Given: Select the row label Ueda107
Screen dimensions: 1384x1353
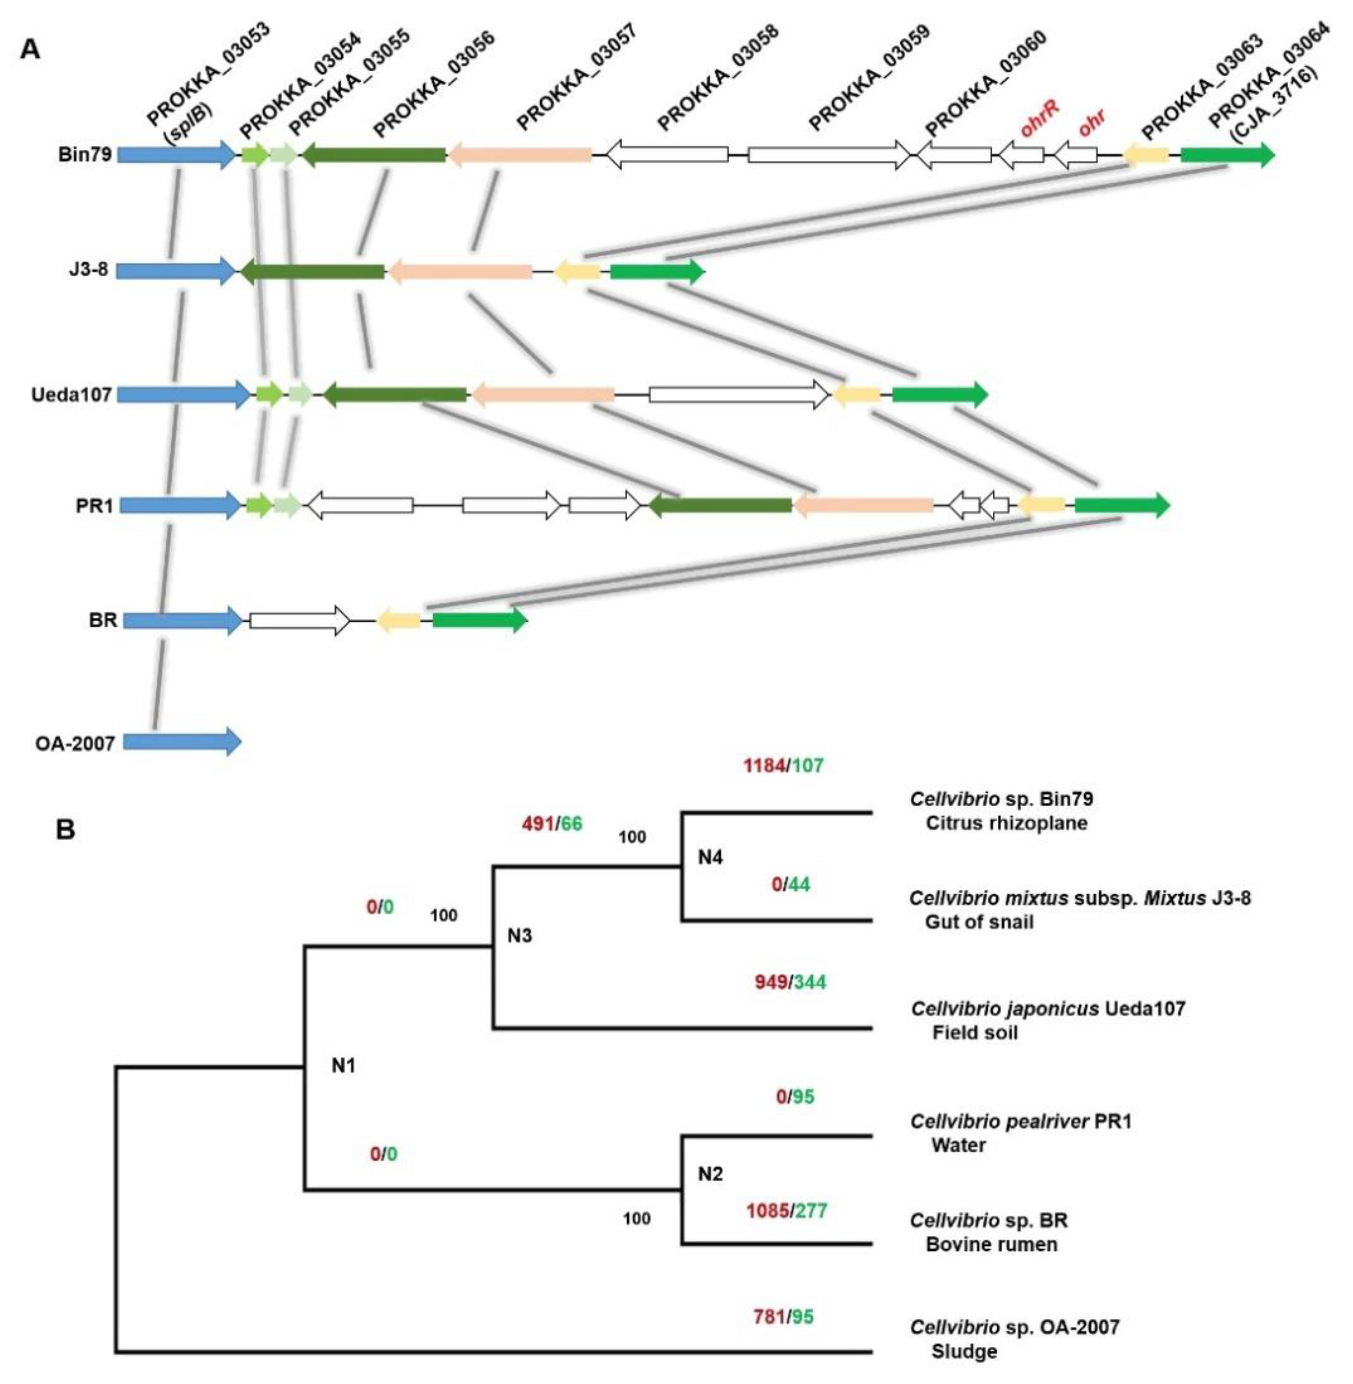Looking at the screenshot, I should coord(71,395).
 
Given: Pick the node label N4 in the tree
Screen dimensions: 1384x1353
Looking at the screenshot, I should coord(710,857).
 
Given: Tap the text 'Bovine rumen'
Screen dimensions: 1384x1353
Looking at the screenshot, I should coord(991,1244).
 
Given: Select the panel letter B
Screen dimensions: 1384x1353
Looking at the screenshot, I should coord(66,830).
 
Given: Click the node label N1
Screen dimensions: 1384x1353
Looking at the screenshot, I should coord(343,1065).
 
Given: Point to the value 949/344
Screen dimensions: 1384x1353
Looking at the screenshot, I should coord(790,982).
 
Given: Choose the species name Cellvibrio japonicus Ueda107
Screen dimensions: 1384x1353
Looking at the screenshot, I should coord(1048,1008).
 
